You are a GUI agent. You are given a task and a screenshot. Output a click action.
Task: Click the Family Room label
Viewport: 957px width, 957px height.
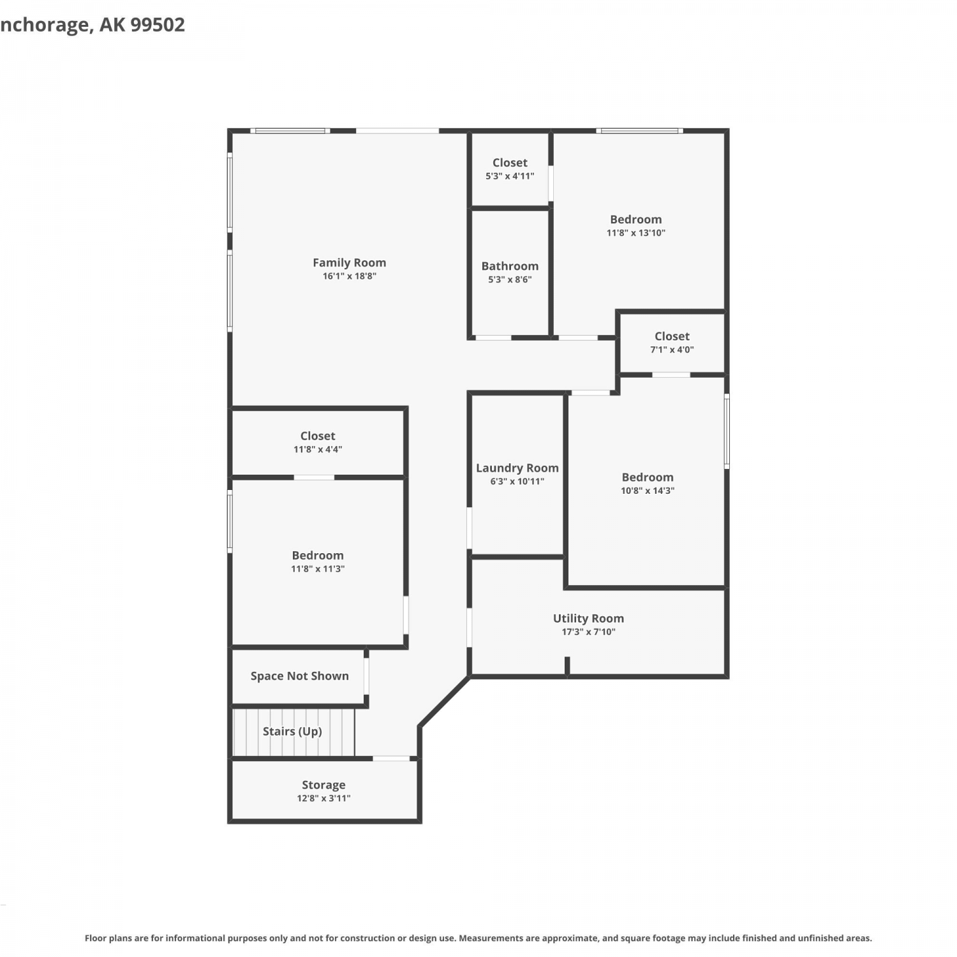tap(349, 262)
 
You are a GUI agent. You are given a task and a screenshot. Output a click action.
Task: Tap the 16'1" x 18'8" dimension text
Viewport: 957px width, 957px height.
tap(349, 276)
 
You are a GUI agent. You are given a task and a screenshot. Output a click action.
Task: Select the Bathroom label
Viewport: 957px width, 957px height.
tap(510, 266)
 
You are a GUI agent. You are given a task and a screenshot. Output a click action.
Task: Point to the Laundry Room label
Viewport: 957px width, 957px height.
tap(517, 468)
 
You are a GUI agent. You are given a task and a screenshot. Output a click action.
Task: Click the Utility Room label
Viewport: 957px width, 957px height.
tap(588, 618)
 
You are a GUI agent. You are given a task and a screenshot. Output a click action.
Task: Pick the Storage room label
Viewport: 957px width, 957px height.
tap(323, 785)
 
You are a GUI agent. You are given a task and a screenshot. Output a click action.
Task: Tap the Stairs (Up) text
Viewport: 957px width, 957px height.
tap(292, 731)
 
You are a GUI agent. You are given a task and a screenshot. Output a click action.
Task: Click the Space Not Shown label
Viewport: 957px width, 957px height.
tap(299, 676)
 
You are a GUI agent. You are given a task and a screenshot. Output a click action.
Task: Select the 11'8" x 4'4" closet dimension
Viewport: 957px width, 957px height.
tap(318, 449)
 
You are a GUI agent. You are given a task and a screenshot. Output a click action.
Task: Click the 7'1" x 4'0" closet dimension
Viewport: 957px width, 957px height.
tap(672, 350)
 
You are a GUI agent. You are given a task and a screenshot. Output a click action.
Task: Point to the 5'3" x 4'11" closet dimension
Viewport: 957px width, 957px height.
tap(510, 176)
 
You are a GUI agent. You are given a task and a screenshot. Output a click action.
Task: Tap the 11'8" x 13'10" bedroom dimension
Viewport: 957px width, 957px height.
tap(635, 233)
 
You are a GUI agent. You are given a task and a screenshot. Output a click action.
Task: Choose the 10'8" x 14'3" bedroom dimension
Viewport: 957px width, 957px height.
tap(648, 491)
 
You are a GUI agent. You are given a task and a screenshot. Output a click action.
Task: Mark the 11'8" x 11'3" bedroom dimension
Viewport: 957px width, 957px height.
tap(318, 569)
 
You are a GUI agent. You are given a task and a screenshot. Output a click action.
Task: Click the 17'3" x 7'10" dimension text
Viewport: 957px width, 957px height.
tap(588, 632)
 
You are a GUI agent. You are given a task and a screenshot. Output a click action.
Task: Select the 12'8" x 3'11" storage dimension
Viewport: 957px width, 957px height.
tap(323, 798)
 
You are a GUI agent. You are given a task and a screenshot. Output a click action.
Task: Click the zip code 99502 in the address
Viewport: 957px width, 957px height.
tap(158, 24)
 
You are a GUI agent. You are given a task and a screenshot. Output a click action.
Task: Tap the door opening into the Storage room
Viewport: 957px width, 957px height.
tap(391, 759)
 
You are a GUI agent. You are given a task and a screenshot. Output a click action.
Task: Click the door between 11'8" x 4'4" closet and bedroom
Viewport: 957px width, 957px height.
tap(314, 477)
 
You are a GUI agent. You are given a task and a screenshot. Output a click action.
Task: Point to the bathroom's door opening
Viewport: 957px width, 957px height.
tap(493, 338)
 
